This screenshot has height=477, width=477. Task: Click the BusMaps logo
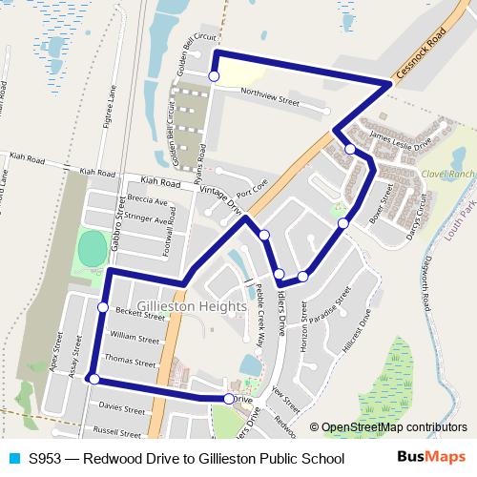[430, 458]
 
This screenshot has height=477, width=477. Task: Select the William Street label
[135, 338]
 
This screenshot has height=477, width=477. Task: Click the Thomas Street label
[130, 363]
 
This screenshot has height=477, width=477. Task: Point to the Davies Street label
[121, 407]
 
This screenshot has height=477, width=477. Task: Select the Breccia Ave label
[147, 201]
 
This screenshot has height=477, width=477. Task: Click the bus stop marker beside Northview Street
[214, 76]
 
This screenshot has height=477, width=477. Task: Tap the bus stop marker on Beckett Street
[103, 306]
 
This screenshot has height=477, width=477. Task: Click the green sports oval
[93, 251]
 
